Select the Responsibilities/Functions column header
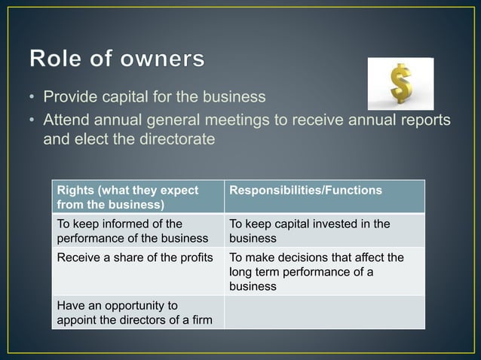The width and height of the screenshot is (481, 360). [x=305, y=191]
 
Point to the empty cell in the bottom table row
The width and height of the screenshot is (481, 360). [x=324, y=313]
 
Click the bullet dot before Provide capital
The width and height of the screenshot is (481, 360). [x=33, y=97]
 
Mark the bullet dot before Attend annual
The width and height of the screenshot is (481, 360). [x=33, y=121]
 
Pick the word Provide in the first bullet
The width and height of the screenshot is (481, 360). [x=69, y=97]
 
